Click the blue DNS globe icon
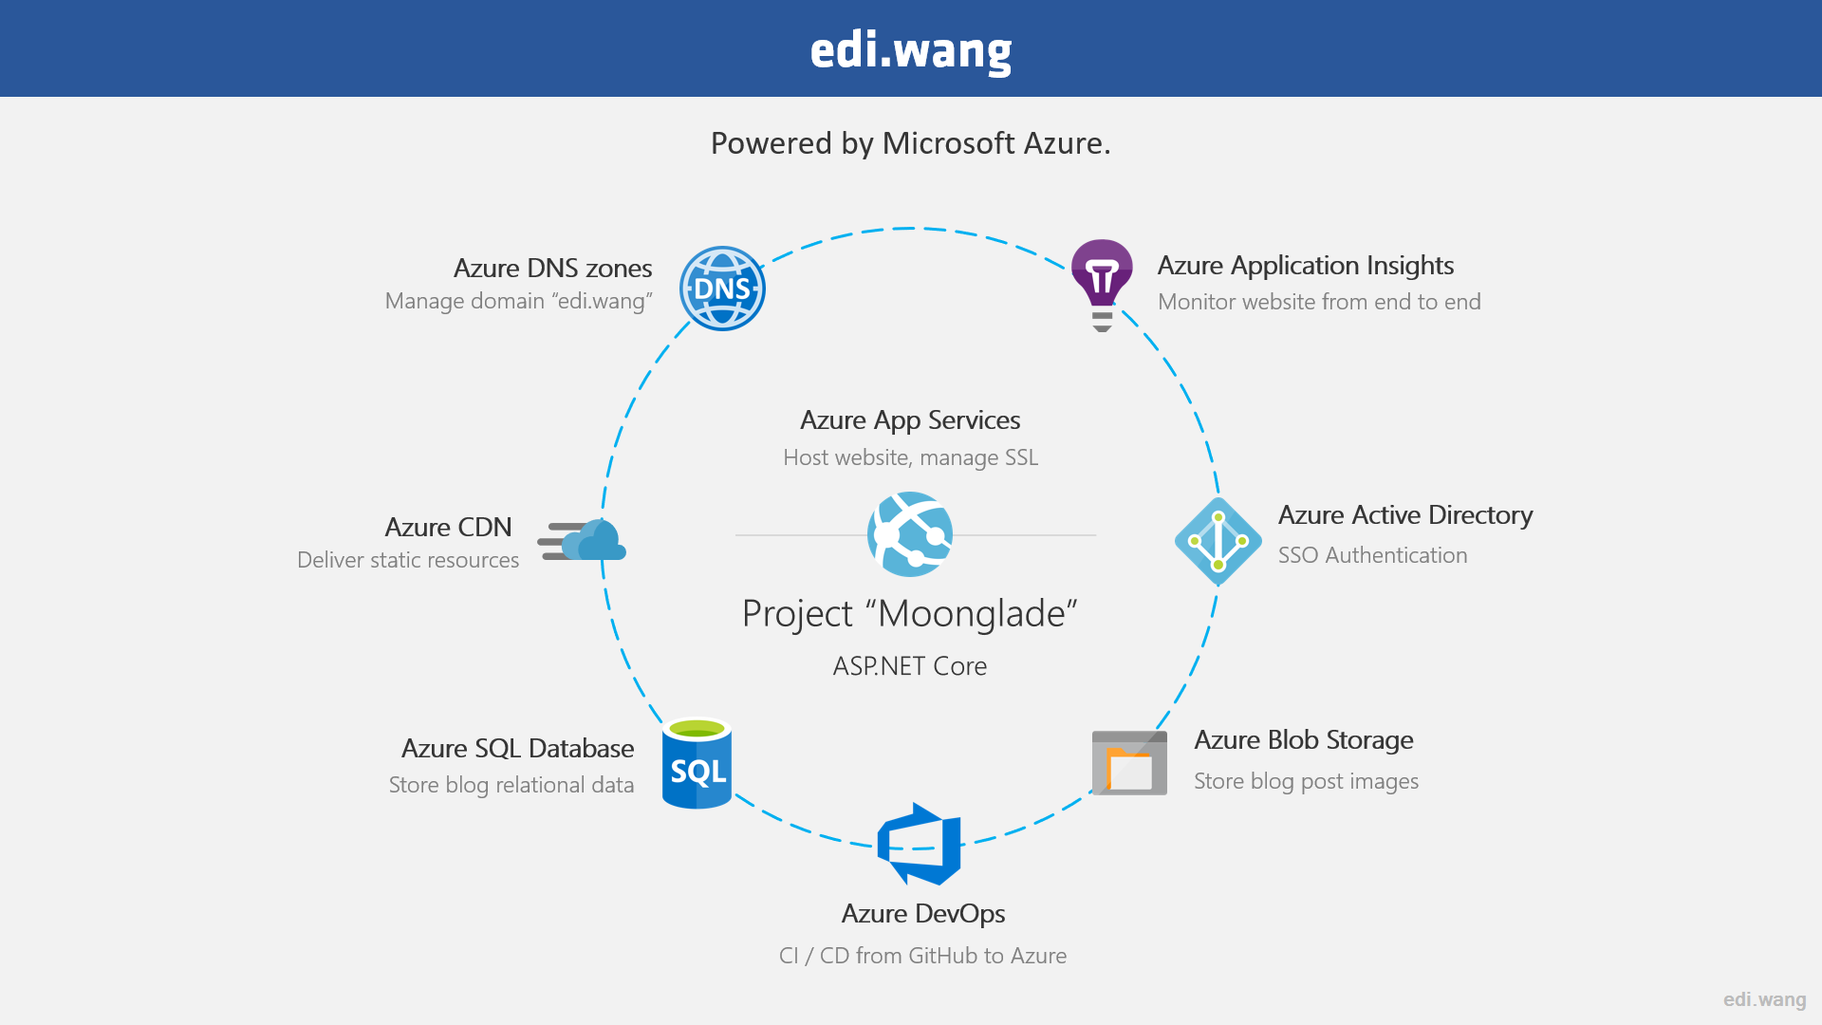(x=722, y=289)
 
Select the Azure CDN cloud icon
(x=583, y=540)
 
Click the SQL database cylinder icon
(x=697, y=763)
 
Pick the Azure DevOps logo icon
(x=919, y=844)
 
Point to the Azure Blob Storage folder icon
(x=1129, y=762)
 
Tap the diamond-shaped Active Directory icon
(x=1218, y=541)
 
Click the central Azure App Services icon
(x=910, y=534)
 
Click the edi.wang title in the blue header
(x=911, y=50)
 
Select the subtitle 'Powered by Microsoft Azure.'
(x=911, y=143)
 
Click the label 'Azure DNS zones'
(x=552, y=269)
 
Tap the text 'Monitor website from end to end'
(x=1319, y=302)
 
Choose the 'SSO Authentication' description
(x=1372, y=555)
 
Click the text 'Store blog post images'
(x=1306, y=781)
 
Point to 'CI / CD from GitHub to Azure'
(x=922, y=956)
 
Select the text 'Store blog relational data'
(x=511, y=785)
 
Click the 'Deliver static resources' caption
(x=408, y=560)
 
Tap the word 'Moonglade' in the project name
(x=972, y=613)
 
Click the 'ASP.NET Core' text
(x=910, y=666)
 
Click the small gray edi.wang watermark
(x=1765, y=999)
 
